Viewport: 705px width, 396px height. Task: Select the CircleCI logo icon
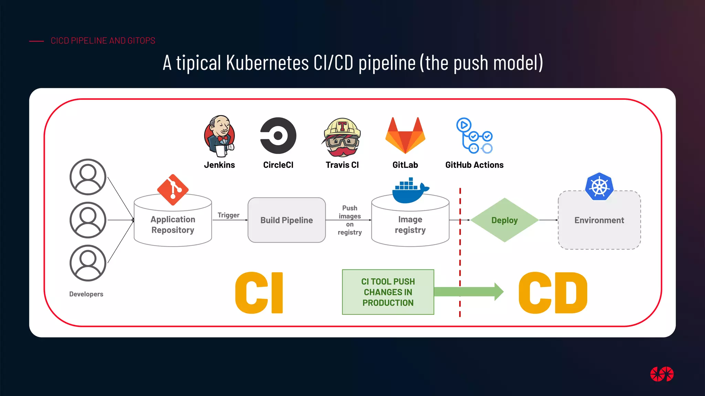278,135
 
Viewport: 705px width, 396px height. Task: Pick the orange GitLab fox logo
405,135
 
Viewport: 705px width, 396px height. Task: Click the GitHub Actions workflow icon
474,136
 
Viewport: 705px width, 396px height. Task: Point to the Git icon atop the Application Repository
173,190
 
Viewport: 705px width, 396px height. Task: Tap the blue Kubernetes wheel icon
599,187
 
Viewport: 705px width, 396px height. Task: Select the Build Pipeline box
286,220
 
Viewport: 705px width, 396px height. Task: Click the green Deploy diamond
504,220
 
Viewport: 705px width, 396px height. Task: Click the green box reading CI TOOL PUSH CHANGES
388,292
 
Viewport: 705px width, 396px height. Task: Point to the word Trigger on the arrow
228,215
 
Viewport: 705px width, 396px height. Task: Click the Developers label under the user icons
86,294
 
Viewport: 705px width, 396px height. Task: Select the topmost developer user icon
88,177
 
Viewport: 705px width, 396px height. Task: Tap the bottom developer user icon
88,263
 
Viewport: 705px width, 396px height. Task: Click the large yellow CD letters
553,293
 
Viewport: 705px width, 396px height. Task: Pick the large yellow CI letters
259,293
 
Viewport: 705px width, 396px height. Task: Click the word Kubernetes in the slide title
267,63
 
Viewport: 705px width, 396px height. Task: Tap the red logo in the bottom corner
662,374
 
